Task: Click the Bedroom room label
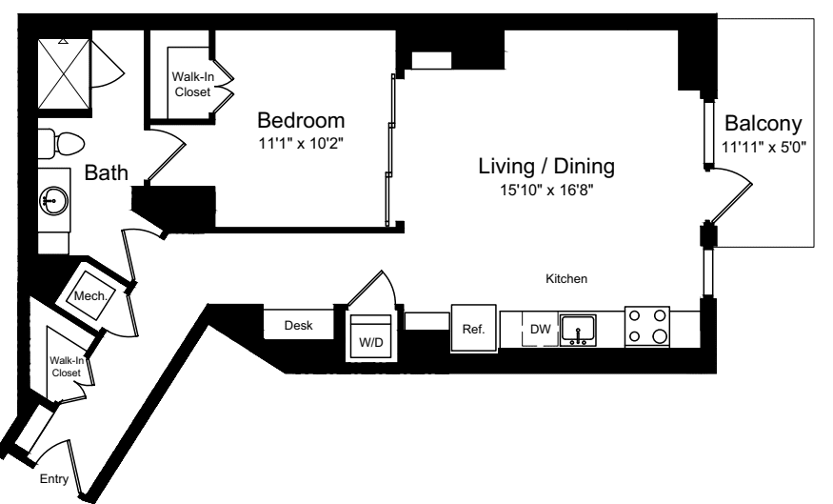tap(301, 122)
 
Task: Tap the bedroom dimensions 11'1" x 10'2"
tap(301, 146)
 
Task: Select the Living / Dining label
tap(546, 166)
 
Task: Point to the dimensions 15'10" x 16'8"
tap(546, 189)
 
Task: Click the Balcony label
tap(763, 124)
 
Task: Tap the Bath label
tap(103, 173)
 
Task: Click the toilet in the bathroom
tap(60, 144)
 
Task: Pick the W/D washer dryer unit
tap(367, 338)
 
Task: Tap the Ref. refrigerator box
tap(473, 330)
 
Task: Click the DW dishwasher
tap(541, 330)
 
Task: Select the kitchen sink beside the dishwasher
tap(578, 330)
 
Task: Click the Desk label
tap(299, 326)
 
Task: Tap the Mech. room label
tap(96, 294)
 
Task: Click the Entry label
tap(54, 479)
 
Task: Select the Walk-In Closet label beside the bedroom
tap(192, 85)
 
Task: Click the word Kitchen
tap(565, 280)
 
